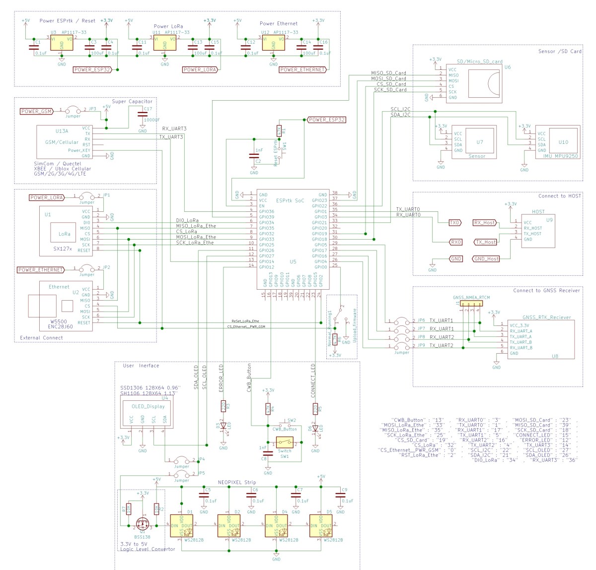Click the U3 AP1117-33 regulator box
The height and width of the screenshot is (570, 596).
point(62,42)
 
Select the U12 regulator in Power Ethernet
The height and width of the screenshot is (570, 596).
point(273,42)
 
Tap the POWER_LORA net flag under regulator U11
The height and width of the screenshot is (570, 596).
point(200,69)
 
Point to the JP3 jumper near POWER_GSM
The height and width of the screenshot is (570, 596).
point(73,110)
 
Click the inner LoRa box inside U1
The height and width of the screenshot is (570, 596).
point(64,234)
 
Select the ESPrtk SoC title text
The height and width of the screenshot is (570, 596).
point(290,200)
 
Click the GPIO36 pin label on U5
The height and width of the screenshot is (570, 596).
point(266,211)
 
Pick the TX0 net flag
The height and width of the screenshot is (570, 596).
point(454,223)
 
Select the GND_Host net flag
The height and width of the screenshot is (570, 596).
point(486,258)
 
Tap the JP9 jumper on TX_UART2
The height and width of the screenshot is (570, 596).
point(401,345)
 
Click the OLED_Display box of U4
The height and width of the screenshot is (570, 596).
point(148,412)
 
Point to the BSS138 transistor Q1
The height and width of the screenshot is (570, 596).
point(142,524)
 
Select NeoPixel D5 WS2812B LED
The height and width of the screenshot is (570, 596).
point(320,526)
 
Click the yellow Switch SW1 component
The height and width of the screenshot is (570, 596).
point(285,442)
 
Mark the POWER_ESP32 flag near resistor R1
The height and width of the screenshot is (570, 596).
point(326,120)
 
